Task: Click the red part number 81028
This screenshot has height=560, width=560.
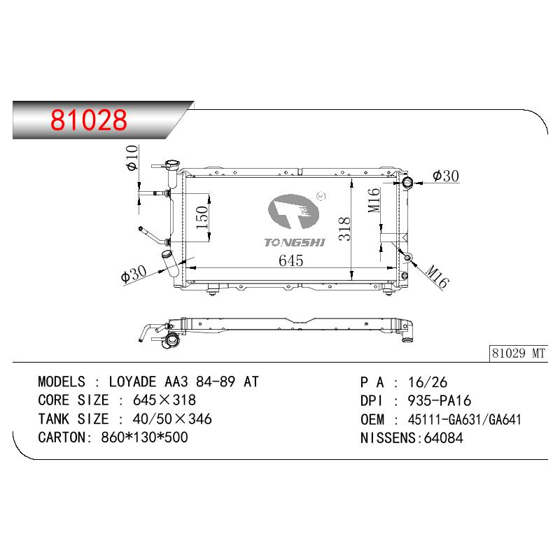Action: (89, 120)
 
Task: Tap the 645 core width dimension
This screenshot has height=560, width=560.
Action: (290, 260)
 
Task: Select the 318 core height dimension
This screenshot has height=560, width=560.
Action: (344, 229)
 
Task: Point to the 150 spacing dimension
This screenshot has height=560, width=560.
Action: (202, 218)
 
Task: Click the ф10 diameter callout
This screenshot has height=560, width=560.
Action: (132, 157)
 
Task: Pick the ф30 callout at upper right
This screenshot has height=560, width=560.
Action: (445, 176)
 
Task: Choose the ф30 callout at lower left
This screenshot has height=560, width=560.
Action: (134, 274)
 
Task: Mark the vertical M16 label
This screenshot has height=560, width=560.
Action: (374, 200)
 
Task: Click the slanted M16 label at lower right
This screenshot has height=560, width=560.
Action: (437, 276)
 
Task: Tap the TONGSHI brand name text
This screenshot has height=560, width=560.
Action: (295, 242)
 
